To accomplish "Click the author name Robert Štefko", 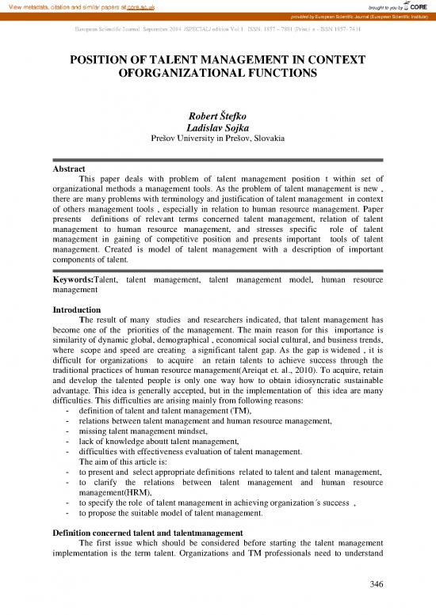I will pyautogui.click(x=217, y=118).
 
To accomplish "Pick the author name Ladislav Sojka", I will pyautogui.click(x=217, y=130).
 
